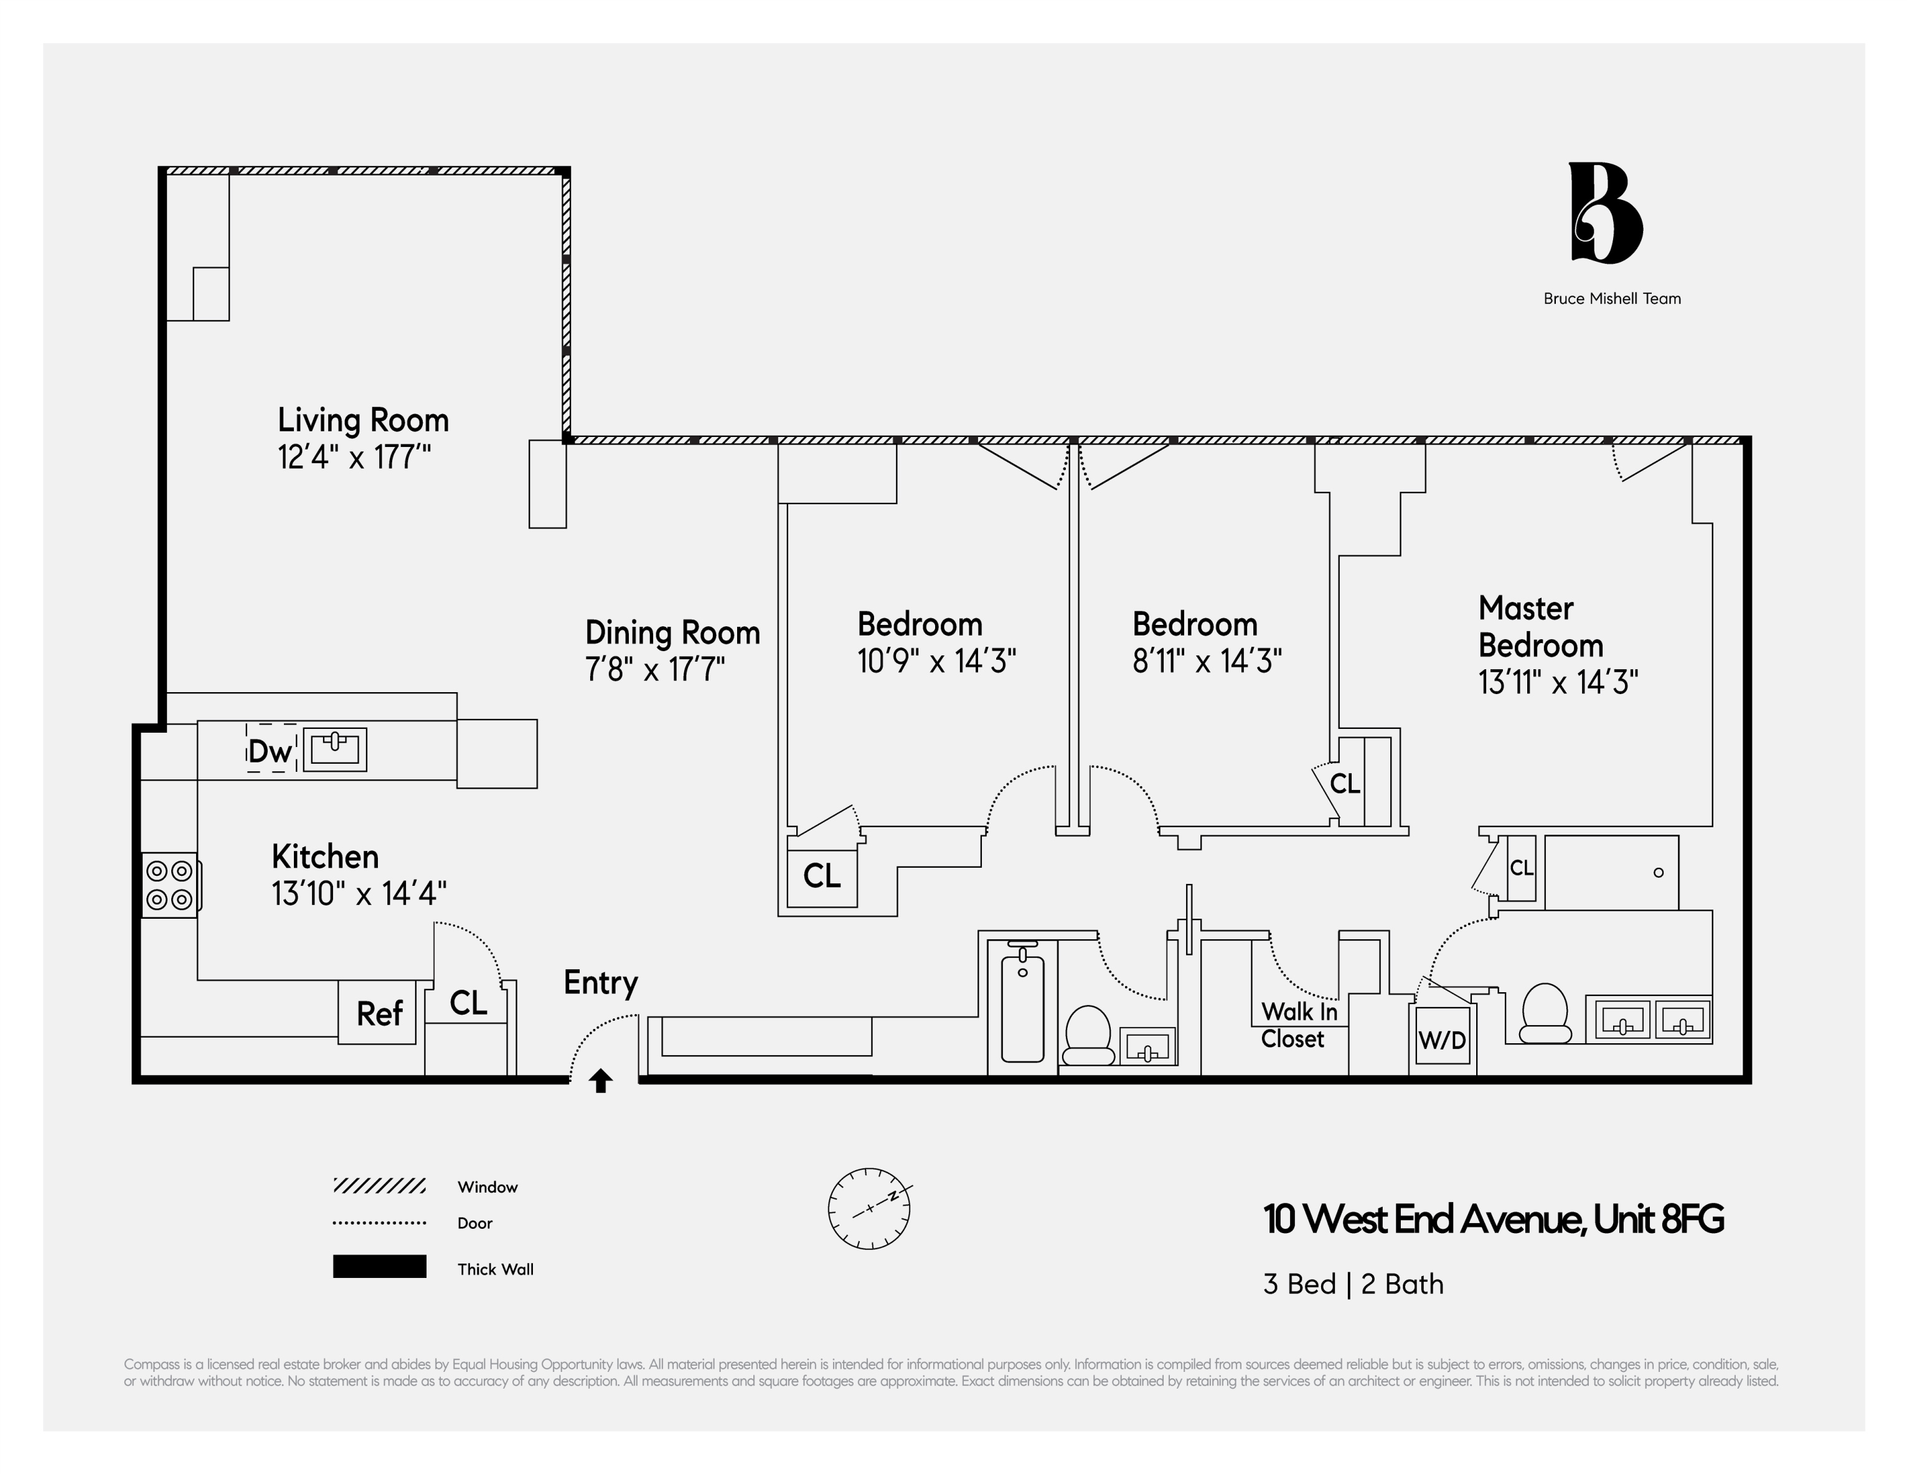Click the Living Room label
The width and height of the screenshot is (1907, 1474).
[363, 420]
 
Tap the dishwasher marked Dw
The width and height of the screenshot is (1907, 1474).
[270, 750]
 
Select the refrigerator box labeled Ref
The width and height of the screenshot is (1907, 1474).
[378, 1013]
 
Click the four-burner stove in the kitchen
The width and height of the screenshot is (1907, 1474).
[170, 885]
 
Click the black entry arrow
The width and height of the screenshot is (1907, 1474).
[601, 1081]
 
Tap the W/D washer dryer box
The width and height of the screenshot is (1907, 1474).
[1441, 1039]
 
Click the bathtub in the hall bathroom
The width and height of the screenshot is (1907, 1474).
[1022, 1004]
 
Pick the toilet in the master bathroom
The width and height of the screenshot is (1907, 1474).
[1544, 1013]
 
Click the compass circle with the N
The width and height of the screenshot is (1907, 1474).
[869, 1209]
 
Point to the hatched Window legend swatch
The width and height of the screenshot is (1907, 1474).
[379, 1186]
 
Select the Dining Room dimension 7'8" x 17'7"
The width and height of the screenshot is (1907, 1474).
[655, 670]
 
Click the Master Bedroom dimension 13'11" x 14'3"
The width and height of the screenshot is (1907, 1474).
[1558, 682]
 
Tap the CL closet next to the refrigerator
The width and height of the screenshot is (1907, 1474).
[468, 1003]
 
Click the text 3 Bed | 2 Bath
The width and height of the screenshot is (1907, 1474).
[1352, 1285]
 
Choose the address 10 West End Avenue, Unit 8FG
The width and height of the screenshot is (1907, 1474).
[1493, 1219]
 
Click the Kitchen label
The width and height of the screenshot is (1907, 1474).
[325, 857]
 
